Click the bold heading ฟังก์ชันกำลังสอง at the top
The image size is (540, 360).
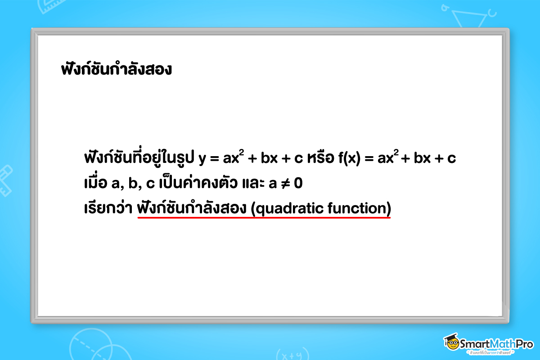coord(116,70)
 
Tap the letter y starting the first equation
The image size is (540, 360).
coord(202,159)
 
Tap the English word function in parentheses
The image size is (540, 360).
coord(358,209)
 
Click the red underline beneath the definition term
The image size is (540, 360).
coord(264,218)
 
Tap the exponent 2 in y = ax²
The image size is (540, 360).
coord(241,153)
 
